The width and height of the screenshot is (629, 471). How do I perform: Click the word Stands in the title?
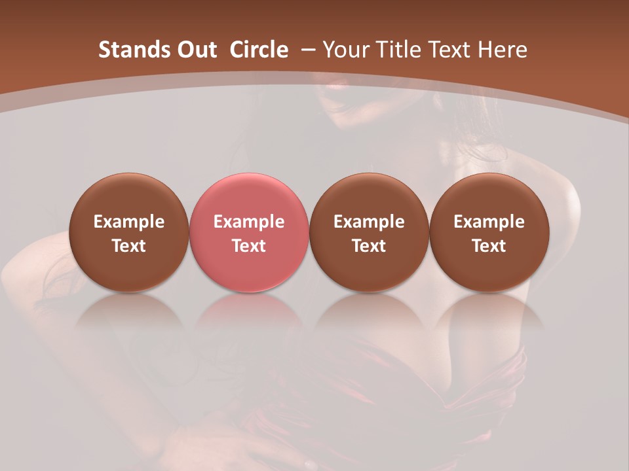point(126,50)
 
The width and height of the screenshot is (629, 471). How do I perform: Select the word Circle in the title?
point(259,50)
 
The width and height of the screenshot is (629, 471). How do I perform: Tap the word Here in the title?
point(503,50)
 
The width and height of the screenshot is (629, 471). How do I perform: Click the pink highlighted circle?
point(249,232)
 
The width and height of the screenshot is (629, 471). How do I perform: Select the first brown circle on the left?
point(129,232)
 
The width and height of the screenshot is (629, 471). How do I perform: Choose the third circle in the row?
point(369,232)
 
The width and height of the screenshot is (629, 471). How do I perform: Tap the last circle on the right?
point(489,232)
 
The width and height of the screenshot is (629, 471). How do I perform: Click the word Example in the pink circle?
point(249,222)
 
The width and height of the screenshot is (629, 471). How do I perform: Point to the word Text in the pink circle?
point(249,246)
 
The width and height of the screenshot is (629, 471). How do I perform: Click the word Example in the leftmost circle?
point(129,222)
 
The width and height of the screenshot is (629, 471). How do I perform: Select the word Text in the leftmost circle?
point(129,246)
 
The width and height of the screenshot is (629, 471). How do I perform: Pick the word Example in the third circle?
point(369,222)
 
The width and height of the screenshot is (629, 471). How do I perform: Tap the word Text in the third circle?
point(369,246)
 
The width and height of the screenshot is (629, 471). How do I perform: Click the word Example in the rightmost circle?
point(489,222)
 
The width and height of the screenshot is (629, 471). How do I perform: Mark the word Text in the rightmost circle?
point(489,246)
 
